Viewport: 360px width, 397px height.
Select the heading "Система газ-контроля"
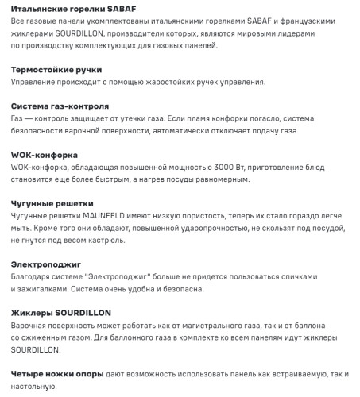pos(60,106)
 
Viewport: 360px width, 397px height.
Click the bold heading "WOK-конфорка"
pos(44,155)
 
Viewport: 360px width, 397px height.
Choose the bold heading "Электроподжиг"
pos(46,264)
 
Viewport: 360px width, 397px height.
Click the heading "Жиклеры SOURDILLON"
pos(61,313)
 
